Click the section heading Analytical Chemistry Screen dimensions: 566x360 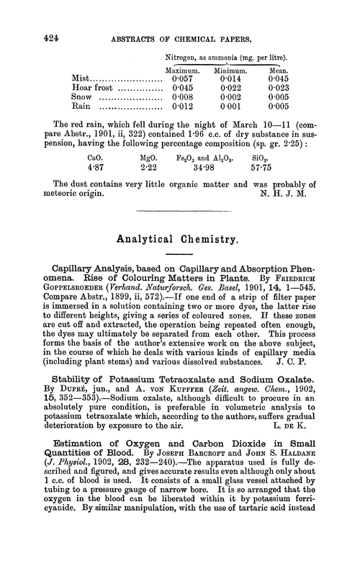tap(179, 253)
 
